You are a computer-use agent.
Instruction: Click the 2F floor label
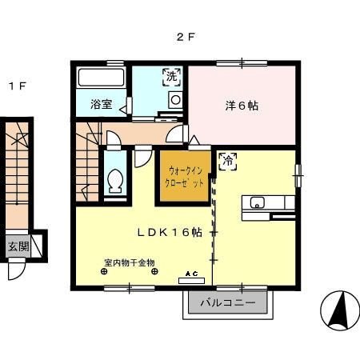click(186, 37)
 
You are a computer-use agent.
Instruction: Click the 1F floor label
click(18, 86)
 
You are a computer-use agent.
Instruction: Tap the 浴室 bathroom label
click(101, 104)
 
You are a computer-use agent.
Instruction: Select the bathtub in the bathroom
click(102, 78)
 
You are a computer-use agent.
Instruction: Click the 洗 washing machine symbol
click(172, 77)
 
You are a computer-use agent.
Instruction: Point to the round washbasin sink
click(175, 100)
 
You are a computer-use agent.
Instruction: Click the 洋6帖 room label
click(242, 106)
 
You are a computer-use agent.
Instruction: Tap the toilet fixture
click(115, 180)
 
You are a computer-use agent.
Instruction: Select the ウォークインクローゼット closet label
click(184, 177)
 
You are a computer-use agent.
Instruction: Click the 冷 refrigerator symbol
click(228, 162)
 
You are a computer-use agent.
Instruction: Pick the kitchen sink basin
click(257, 202)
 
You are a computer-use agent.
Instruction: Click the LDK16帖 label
click(170, 233)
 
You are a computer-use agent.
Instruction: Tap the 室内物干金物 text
click(130, 263)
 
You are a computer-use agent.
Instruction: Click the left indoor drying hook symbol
click(104, 272)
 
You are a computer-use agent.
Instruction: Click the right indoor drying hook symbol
click(154, 272)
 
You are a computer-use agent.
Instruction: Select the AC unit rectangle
click(191, 281)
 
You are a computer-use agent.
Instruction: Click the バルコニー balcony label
click(228, 303)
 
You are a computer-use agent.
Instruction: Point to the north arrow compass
click(340, 310)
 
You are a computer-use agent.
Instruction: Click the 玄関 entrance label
click(18, 246)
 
